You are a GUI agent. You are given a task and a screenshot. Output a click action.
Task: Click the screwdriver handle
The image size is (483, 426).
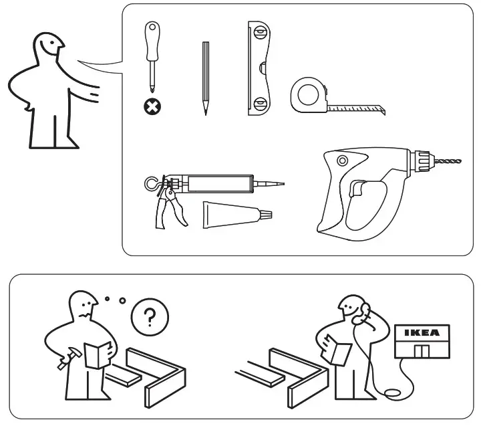click(x=153, y=39)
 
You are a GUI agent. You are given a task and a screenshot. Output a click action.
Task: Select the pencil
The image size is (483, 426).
click(x=206, y=77)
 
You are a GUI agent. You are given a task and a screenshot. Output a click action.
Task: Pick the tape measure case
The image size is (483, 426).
click(x=309, y=95)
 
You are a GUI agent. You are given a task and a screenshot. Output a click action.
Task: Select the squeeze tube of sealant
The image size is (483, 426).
click(x=234, y=216)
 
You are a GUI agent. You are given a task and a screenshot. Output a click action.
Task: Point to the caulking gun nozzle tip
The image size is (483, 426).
click(x=274, y=183)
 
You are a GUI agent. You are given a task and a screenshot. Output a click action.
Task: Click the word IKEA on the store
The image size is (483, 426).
click(x=422, y=332)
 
